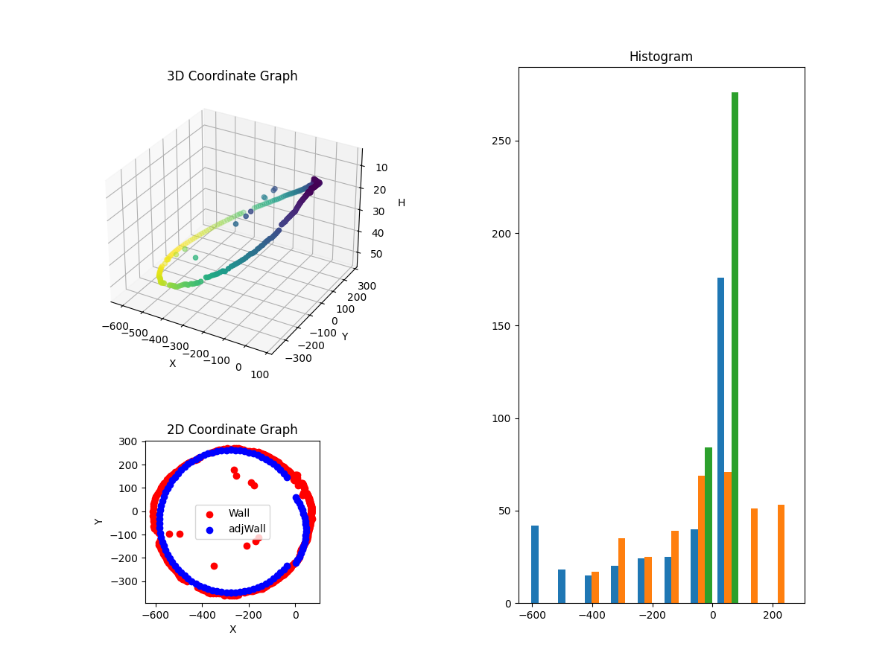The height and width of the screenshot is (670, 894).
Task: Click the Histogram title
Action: coord(661,57)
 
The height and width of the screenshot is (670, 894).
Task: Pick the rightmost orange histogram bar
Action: coord(781,554)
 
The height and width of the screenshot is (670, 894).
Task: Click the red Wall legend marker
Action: coord(209,514)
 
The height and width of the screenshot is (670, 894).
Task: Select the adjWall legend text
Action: coord(247,530)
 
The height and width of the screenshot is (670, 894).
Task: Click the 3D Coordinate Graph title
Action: coord(232,76)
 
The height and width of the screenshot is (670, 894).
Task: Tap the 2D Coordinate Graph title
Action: coord(232,430)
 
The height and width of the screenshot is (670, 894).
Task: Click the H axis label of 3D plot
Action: coord(402,202)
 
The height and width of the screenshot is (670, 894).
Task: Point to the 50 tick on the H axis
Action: coord(377,254)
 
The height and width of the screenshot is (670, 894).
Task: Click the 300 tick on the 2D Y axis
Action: coord(128,441)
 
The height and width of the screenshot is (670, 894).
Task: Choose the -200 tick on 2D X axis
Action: coord(248,616)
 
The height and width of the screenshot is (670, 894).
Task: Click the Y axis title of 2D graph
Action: coord(99,521)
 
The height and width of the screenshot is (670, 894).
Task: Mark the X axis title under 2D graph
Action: coord(232,630)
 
